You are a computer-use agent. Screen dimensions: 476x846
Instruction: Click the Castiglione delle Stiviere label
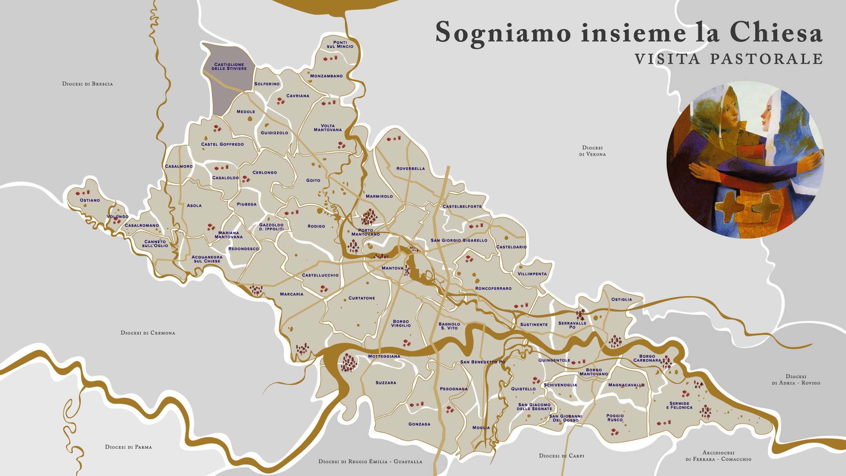(x=229, y=67)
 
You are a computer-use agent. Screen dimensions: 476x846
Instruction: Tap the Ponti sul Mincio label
(x=340, y=45)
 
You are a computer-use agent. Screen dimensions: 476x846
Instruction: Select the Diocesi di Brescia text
(x=87, y=84)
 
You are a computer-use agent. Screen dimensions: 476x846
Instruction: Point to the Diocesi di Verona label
(x=592, y=151)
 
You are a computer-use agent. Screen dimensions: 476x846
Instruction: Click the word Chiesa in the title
(x=776, y=33)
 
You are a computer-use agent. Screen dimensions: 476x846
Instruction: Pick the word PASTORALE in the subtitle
(x=766, y=59)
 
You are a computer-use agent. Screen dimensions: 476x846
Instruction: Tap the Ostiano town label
(x=90, y=200)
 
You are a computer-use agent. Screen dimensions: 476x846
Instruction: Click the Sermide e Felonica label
(x=679, y=405)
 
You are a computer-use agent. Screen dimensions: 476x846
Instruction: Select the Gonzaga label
(x=419, y=424)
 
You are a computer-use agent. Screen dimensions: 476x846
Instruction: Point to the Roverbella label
(x=411, y=168)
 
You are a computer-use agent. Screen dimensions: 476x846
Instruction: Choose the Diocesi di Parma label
(x=128, y=447)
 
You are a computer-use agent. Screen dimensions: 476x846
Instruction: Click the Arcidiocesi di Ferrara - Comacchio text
(x=718, y=456)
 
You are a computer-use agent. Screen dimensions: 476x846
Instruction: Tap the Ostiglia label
(x=621, y=299)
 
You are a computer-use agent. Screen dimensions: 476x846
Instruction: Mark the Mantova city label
(x=392, y=268)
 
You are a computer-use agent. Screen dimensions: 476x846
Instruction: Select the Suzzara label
(x=386, y=383)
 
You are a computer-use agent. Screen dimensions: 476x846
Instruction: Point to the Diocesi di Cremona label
(x=148, y=333)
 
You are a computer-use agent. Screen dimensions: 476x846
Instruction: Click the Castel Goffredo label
(x=222, y=144)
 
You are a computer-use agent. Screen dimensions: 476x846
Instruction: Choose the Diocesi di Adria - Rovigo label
(x=796, y=379)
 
